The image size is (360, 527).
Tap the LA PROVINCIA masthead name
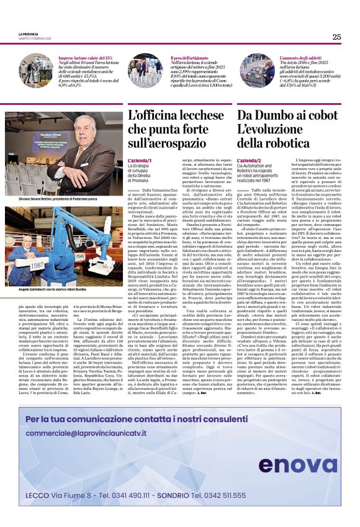click(x=29, y=34)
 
